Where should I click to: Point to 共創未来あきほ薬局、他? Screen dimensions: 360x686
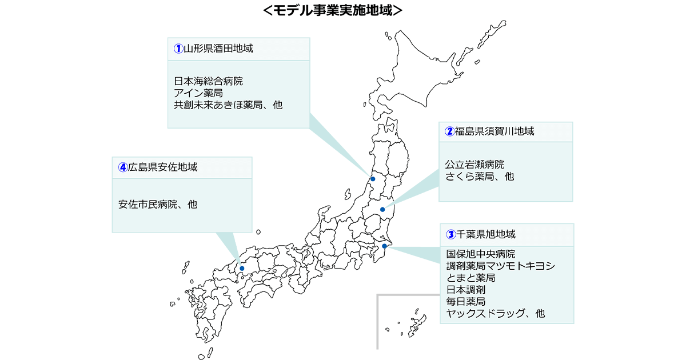pos(228,105)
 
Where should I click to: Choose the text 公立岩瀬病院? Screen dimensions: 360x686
pos(474,165)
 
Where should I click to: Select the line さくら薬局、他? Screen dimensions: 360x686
pos(480,177)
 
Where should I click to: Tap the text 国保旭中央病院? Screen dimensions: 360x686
pos(480,254)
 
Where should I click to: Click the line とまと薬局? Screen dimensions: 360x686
pos(470,278)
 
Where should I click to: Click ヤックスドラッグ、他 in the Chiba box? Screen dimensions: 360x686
pos(495,313)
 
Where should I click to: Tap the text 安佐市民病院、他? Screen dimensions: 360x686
pos(158,204)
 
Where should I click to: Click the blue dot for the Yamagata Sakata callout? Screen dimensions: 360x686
pos(373,179)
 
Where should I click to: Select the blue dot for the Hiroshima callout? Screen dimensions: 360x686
pos(242,268)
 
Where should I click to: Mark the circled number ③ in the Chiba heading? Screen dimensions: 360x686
pos(450,234)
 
